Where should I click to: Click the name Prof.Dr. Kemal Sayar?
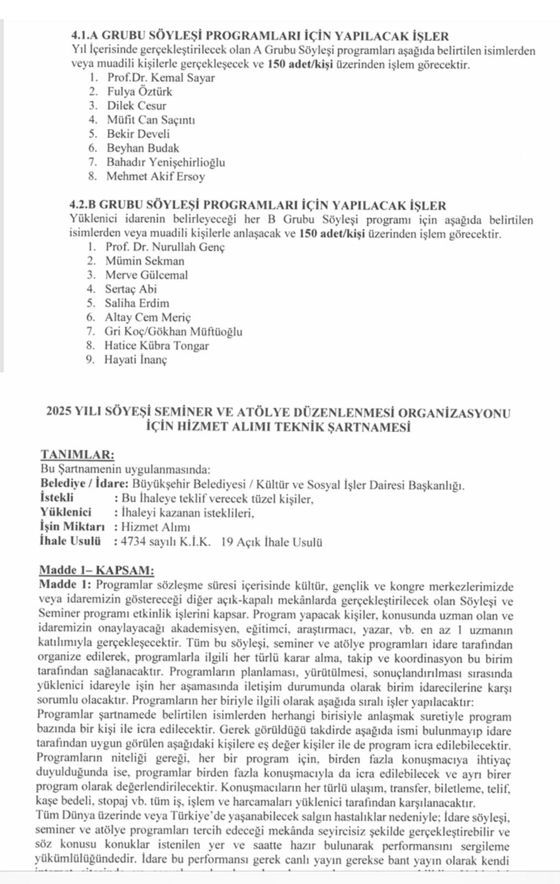coord(161,78)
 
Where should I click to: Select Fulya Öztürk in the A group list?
coord(140,92)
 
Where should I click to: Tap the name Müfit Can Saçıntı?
coord(151,120)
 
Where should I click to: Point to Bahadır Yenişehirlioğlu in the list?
coord(166,162)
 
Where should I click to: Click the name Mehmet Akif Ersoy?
coord(156,177)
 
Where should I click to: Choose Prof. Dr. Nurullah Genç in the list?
coord(165,247)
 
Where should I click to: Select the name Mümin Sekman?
coord(145,261)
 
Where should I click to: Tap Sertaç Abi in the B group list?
coord(131,289)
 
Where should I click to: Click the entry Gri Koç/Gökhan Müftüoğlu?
coord(173,331)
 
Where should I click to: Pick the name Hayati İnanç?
coord(136,360)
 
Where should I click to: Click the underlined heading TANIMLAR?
coord(77,455)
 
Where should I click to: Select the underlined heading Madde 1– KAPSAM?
coord(97,570)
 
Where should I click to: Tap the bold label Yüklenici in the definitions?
coord(66,513)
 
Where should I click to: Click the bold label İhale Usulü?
coord(70,541)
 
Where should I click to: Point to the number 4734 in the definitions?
coord(134,541)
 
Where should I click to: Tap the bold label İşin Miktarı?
coord(72,527)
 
